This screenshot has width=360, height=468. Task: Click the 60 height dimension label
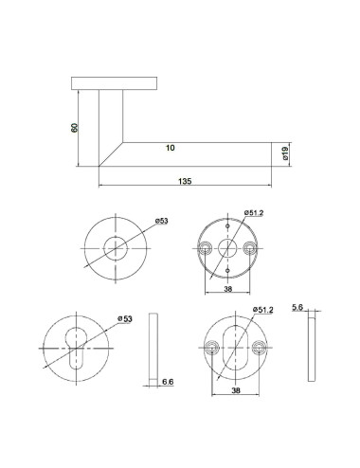(x=76, y=128)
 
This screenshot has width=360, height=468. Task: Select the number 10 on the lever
(x=170, y=149)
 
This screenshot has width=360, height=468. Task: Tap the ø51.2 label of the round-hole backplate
(x=253, y=213)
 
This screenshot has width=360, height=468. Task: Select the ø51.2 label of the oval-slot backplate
(x=264, y=310)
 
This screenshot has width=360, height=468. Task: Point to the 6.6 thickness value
(x=167, y=382)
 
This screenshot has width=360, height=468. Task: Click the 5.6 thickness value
(x=297, y=308)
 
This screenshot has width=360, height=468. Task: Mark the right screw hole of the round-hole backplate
(x=250, y=247)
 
